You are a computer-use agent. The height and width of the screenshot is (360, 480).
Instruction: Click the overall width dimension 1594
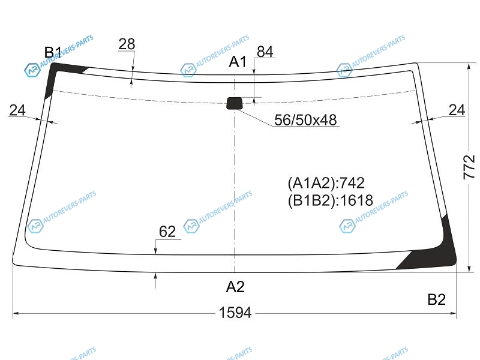pos(235,313)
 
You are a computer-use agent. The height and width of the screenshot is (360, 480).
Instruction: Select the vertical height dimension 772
pos(469,167)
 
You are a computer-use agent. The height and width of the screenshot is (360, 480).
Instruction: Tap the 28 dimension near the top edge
pos(127,44)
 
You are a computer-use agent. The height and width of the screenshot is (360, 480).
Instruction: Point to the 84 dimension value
pos(265,52)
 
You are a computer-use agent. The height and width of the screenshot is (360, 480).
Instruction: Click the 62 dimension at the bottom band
pos(167,232)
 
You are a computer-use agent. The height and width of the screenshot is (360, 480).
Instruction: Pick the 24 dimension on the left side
pos(17,110)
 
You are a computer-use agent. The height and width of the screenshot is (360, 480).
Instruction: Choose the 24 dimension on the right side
pos(457,110)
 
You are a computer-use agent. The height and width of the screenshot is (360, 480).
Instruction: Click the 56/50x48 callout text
pos(305,120)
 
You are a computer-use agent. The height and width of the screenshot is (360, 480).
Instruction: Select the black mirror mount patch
pos(235,103)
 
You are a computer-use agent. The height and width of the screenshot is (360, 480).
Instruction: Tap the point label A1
pos(238,62)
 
